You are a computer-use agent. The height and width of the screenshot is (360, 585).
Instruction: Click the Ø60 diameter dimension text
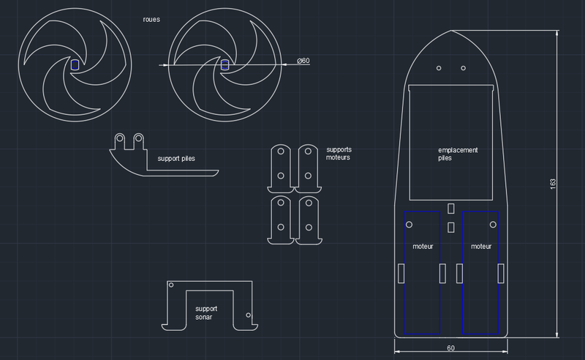[303, 61]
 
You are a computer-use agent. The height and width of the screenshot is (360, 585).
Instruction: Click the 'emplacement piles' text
[457, 154]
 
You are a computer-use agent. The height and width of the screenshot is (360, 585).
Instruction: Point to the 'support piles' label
[176, 158]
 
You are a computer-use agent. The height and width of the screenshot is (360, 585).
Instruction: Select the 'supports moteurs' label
[339, 154]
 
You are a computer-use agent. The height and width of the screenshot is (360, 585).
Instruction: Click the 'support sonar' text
[206, 313]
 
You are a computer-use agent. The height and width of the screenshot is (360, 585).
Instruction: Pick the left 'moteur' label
[423, 247]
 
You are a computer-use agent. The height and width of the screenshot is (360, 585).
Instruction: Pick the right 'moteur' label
[480, 247]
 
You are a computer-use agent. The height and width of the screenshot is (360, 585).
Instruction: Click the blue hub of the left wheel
[75, 64]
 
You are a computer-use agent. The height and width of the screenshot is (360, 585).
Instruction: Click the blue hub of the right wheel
[225, 65]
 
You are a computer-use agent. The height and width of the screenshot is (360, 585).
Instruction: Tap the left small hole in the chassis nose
[439, 68]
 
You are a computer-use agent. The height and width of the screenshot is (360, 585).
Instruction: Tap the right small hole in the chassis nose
[464, 68]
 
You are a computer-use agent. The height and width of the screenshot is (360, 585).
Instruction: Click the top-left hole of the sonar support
[171, 285]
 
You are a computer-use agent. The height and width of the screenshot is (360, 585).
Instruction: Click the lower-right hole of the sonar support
[249, 315]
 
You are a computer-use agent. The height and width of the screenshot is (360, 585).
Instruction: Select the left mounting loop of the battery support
[119, 139]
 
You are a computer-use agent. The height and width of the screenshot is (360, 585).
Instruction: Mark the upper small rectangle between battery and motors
[451, 209]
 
